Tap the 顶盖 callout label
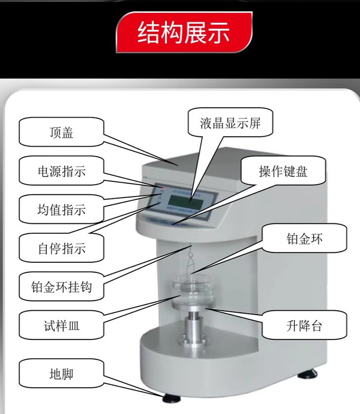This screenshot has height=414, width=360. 61,133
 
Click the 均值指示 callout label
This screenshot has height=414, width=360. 61,209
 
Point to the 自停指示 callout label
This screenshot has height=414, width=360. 61,248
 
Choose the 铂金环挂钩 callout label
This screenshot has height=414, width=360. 61,286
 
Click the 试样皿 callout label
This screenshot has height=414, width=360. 61,326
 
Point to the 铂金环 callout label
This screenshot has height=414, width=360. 304,239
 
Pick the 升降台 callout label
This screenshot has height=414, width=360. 304,326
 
